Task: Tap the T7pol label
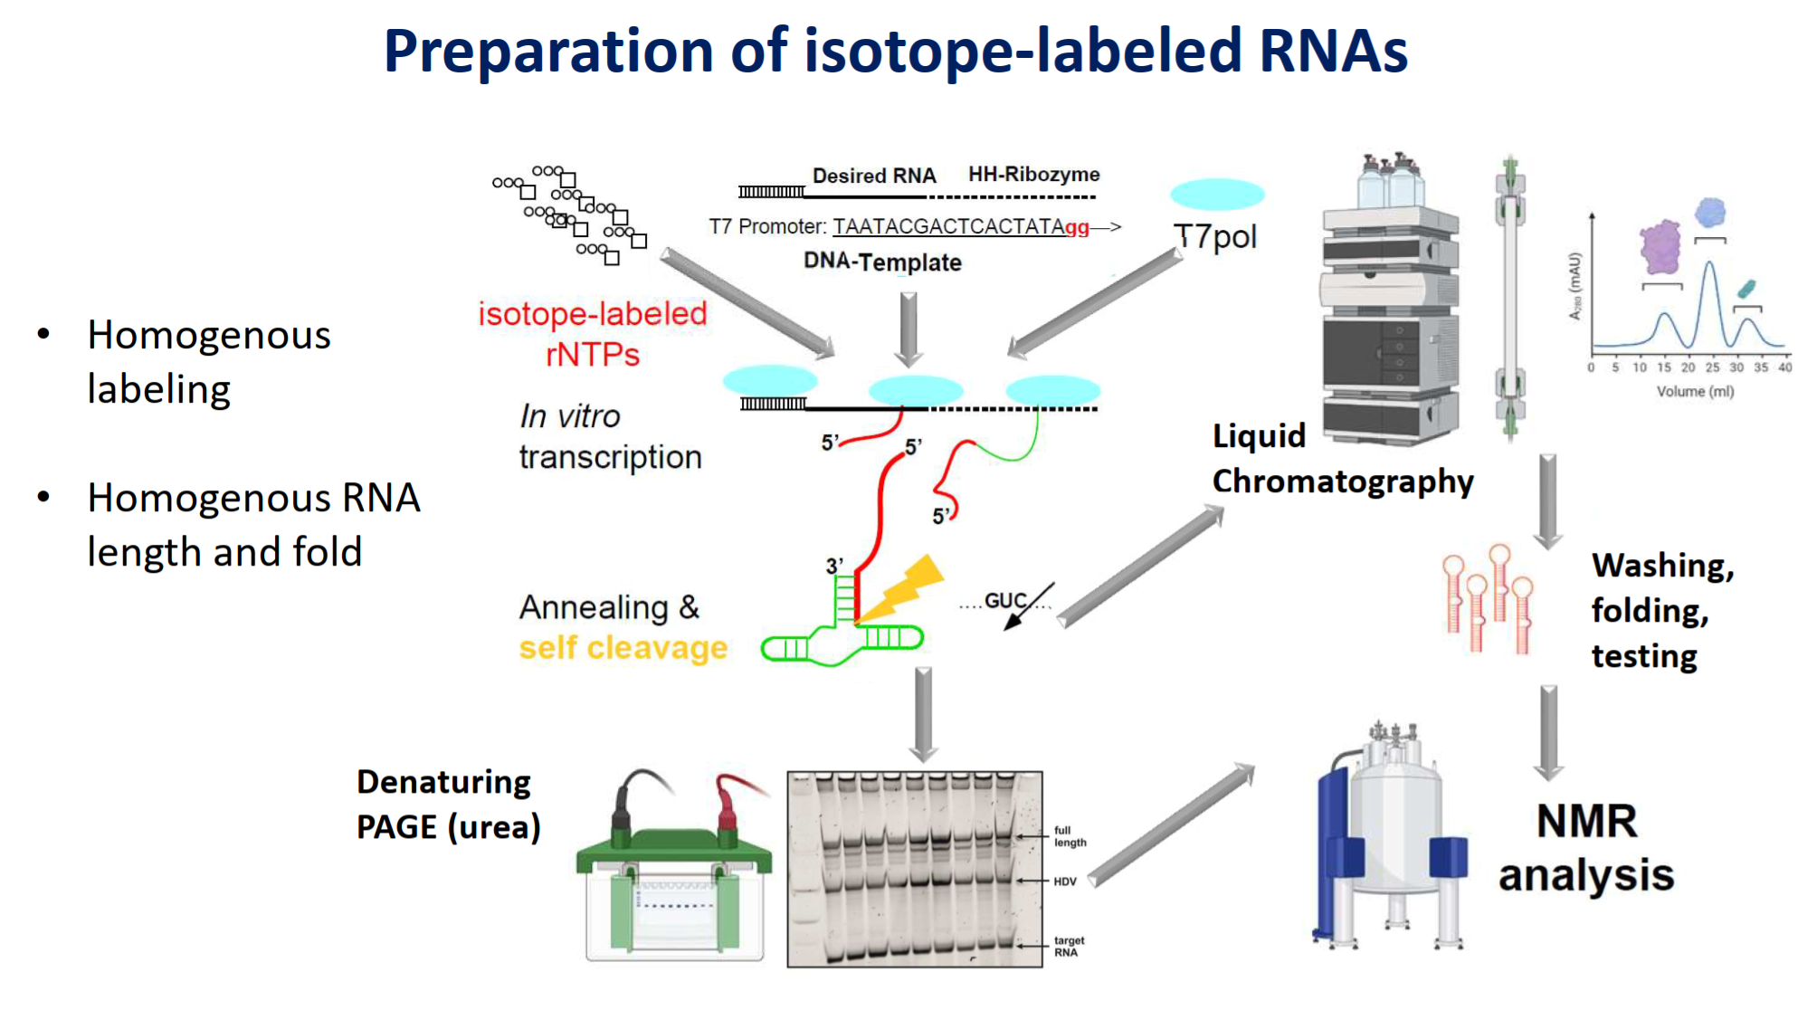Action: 1215,236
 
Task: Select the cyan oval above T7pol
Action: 1217,194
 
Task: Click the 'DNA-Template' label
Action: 882,262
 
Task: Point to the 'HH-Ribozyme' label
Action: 1033,174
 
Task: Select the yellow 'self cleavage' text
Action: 623,648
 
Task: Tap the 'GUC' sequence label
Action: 1004,601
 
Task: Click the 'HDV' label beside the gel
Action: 1065,881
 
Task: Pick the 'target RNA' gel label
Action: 1069,947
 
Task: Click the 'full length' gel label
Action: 1070,836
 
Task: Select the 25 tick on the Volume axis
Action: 1712,367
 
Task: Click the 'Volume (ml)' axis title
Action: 1695,392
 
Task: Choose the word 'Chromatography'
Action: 1343,481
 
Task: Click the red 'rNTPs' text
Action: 593,355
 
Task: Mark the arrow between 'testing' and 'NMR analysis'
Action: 1549,731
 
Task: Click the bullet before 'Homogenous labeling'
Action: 43,334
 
